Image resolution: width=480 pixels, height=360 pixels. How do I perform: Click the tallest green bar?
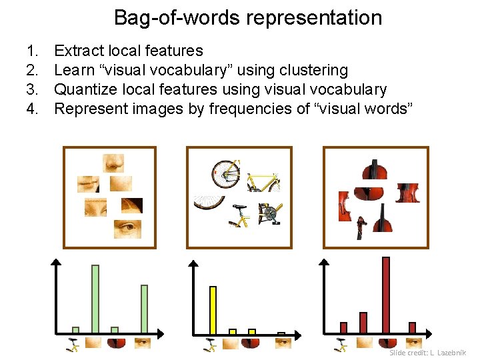95,299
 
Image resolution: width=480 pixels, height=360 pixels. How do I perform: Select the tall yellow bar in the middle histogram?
213,309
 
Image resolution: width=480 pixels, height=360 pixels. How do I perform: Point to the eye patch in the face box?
127,229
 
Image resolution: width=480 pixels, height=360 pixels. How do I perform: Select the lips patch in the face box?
88,183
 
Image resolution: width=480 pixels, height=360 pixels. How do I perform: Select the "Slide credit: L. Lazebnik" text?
427,352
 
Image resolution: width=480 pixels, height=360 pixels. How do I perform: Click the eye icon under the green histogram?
143,343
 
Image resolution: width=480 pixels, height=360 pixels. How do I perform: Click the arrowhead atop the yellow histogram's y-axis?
193,265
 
